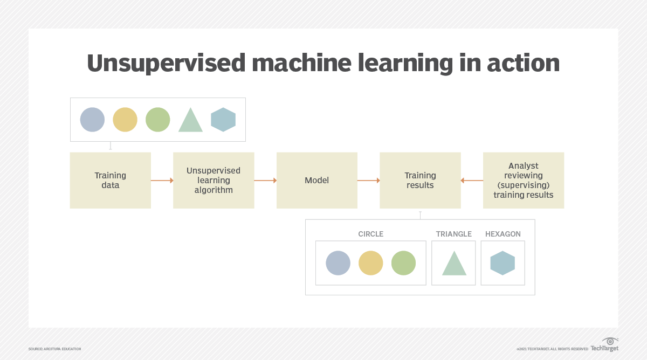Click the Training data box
pos(110,180)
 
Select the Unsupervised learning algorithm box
pos(214,180)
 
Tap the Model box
pos(316,180)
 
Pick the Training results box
pos(420,180)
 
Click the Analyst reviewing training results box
pos(523,180)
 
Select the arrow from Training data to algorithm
pos(162,181)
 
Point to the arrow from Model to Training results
pos(368,181)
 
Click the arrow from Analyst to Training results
pos(472,181)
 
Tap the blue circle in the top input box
pos(92,120)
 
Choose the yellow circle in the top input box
pos(125,120)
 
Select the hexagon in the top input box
pos(223,120)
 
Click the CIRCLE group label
pos(370,234)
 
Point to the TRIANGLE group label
pos(453,234)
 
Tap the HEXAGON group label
pos(503,234)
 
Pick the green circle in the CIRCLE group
pos(403,263)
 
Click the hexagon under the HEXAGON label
pos(503,263)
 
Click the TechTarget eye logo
pos(610,342)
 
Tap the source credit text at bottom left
pos(54,349)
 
